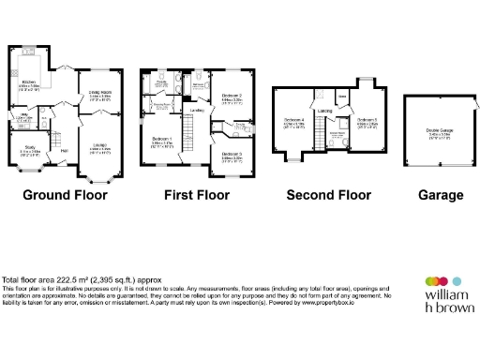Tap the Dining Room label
click(x=100, y=94)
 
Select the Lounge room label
click(x=100, y=146)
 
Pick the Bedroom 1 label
click(x=162, y=140)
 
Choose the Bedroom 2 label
click(x=232, y=96)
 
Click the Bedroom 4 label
click(x=294, y=121)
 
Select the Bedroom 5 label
click(x=367, y=121)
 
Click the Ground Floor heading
click(x=65, y=195)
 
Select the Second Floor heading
click(x=329, y=195)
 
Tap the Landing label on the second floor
click(x=324, y=112)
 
